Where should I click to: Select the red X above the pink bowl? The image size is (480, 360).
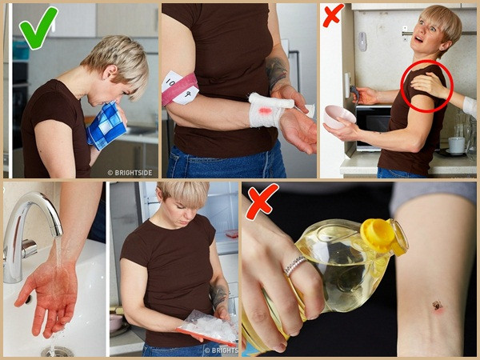pos(333,15)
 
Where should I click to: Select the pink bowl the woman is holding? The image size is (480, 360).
pos(339,117)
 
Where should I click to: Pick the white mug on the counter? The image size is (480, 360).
pos(457,145)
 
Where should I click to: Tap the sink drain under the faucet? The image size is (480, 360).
pos(56,350)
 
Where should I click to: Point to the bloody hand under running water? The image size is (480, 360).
pos(48,296)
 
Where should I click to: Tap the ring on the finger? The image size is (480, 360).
pos(294,265)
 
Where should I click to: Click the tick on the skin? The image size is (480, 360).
pos(438,306)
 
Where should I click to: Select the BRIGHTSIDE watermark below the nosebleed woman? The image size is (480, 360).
pos(130,171)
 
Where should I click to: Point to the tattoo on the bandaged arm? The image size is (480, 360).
pos(277,72)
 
